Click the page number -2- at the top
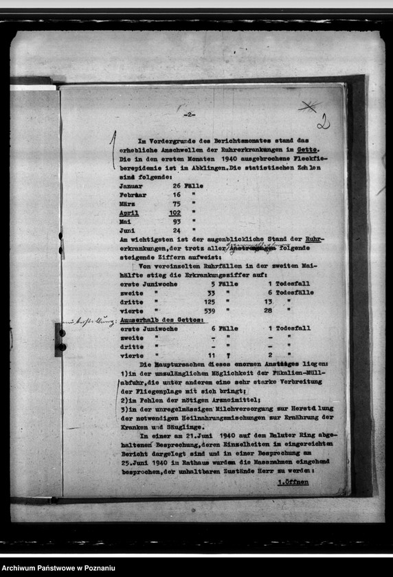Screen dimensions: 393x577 click(189, 115)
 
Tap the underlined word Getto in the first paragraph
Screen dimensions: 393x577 click(308, 150)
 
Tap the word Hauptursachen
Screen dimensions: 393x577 click(186, 364)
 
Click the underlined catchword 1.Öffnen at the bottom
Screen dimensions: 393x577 click(293, 482)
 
